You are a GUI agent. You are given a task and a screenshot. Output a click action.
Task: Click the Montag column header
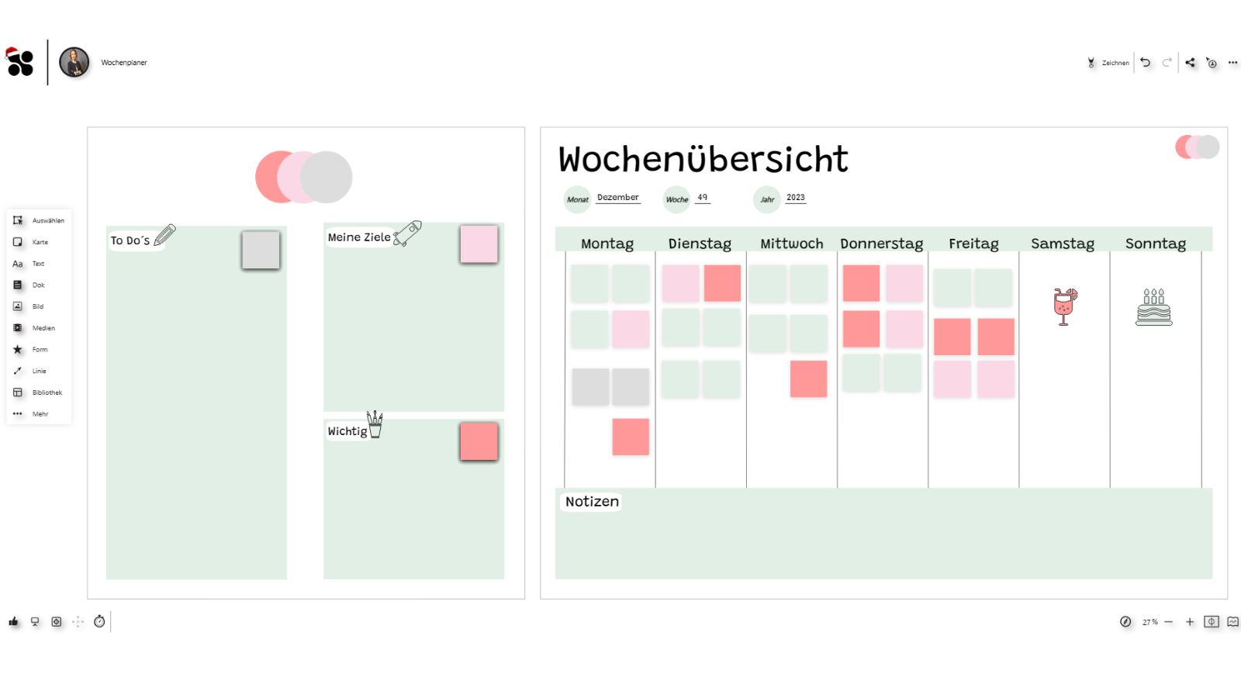(607, 244)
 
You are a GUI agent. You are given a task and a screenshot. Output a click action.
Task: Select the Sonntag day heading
(1155, 244)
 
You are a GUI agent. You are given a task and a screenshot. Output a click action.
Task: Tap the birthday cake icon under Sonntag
(1153, 307)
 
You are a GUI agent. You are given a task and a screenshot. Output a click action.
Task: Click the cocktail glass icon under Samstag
(1064, 306)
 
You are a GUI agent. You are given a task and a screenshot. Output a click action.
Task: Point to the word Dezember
(617, 197)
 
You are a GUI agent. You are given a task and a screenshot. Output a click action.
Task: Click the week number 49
(702, 197)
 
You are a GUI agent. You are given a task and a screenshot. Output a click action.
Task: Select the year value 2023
(795, 197)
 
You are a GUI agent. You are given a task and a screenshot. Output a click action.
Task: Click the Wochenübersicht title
(703, 159)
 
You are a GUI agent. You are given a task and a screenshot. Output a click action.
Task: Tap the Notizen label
(592, 502)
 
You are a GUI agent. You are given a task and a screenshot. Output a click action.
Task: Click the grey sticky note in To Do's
(261, 250)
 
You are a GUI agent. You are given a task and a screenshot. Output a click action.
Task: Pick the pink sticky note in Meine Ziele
(479, 244)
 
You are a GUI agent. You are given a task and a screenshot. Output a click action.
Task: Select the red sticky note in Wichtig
(479, 441)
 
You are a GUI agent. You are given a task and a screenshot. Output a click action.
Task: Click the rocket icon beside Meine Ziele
(408, 233)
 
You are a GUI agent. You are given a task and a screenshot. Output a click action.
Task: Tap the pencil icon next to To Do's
(165, 235)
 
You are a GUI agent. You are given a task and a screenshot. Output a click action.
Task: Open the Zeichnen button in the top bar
(1108, 63)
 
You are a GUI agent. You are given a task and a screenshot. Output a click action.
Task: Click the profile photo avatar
(74, 62)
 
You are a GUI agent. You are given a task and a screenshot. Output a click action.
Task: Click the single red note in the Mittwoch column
(808, 378)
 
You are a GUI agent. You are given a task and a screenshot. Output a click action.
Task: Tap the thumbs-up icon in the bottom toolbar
(13, 621)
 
